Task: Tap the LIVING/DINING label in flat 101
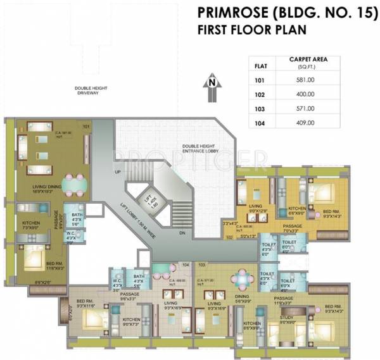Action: [x=46, y=188]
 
